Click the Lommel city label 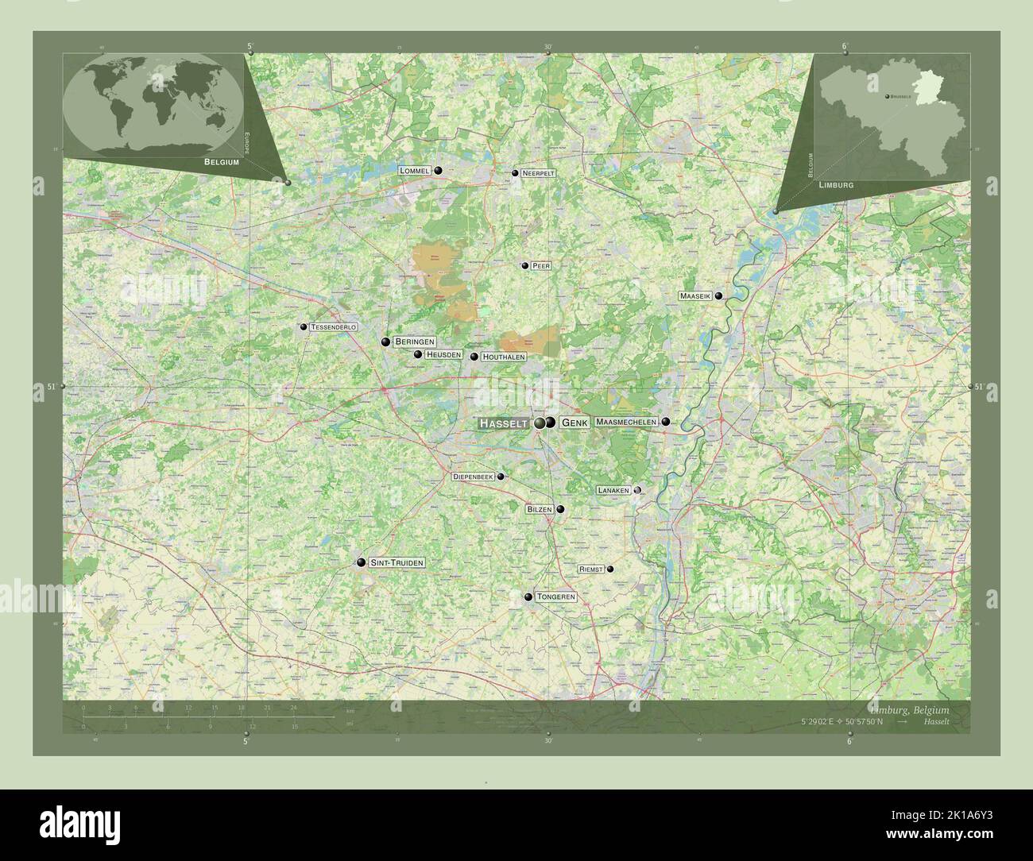coord(416,171)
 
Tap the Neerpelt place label coord(538,172)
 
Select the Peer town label coord(541,265)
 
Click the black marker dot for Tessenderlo coord(303,326)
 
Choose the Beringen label coord(414,342)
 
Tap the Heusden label coord(443,354)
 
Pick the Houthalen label coord(503,357)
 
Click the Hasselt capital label coord(504,424)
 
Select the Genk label coord(575,423)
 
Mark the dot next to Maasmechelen coord(666,422)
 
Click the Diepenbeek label coord(473,477)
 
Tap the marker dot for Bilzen coord(560,509)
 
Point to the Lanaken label coord(613,491)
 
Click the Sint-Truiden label coord(397,562)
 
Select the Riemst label coord(592,569)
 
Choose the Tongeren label coord(555,597)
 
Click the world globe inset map coord(153,103)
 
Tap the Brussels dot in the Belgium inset coord(887,96)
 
